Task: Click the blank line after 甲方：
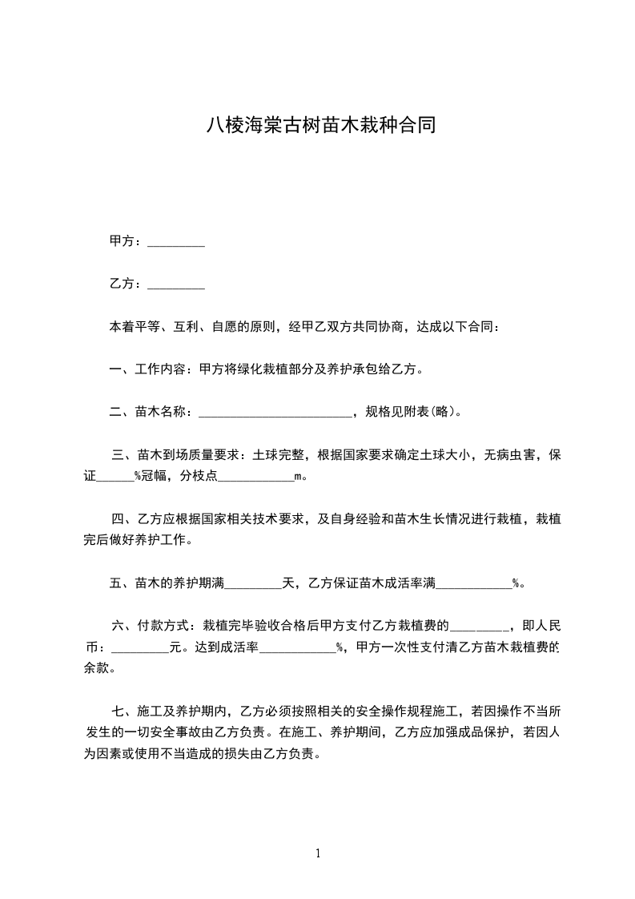click(177, 241)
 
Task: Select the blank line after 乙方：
click(177, 284)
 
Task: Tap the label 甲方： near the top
click(127, 241)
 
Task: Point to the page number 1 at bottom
click(318, 853)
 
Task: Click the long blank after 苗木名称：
click(275, 413)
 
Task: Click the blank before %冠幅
click(115, 477)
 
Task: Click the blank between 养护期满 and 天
click(253, 584)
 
